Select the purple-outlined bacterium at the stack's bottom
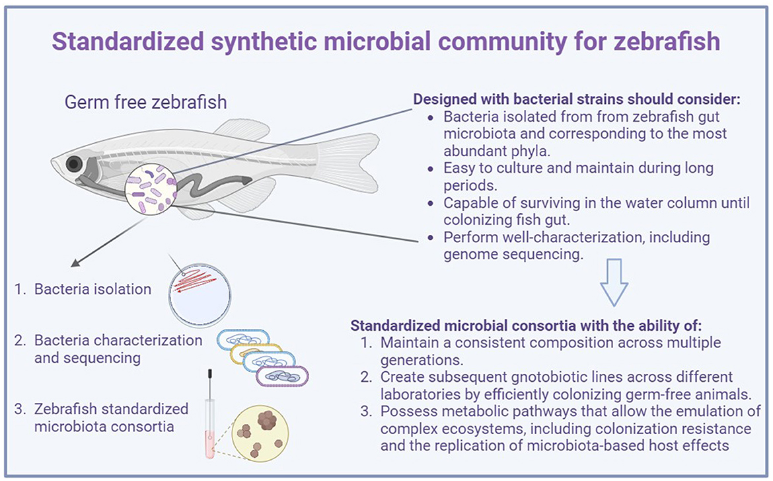(283, 378)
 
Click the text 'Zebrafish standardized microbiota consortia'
(111, 417)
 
